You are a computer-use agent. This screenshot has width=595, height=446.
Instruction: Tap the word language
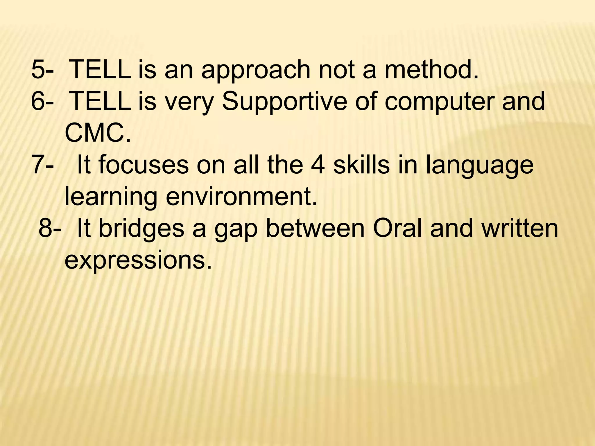(x=480, y=166)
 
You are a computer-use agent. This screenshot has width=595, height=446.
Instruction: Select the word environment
(x=241, y=197)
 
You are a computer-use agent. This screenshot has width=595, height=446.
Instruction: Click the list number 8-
(x=50, y=229)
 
